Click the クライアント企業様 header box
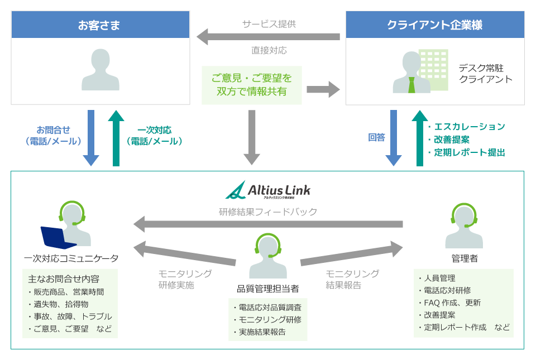(435, 25)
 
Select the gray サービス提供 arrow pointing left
(268, 37)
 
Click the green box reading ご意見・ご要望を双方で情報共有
(252, 84)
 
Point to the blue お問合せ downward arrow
(91, 137)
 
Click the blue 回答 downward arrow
(393, 137)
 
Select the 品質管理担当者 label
(268, 289)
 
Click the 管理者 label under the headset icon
(464, 259)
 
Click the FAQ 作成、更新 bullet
(452, 303)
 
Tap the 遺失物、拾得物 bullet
(60, 304)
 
